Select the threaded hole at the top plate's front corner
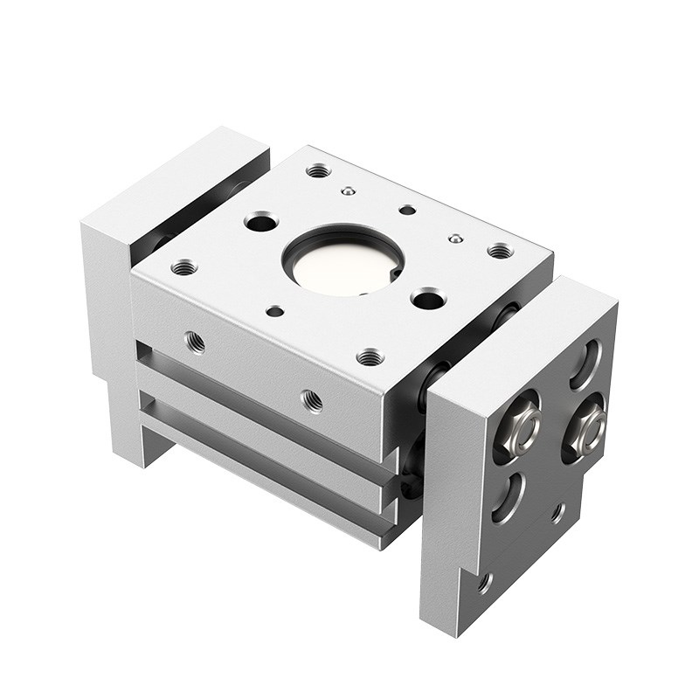pos(370,356)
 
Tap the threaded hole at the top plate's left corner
pos(183,267)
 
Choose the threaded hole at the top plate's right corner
pos(499,252)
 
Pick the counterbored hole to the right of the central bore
pos(427,301)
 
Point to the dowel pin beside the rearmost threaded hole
pos(348,190)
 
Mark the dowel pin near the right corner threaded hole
pos(453,238)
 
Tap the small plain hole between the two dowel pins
pos(407,210)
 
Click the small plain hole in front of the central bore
pos(275,310)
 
